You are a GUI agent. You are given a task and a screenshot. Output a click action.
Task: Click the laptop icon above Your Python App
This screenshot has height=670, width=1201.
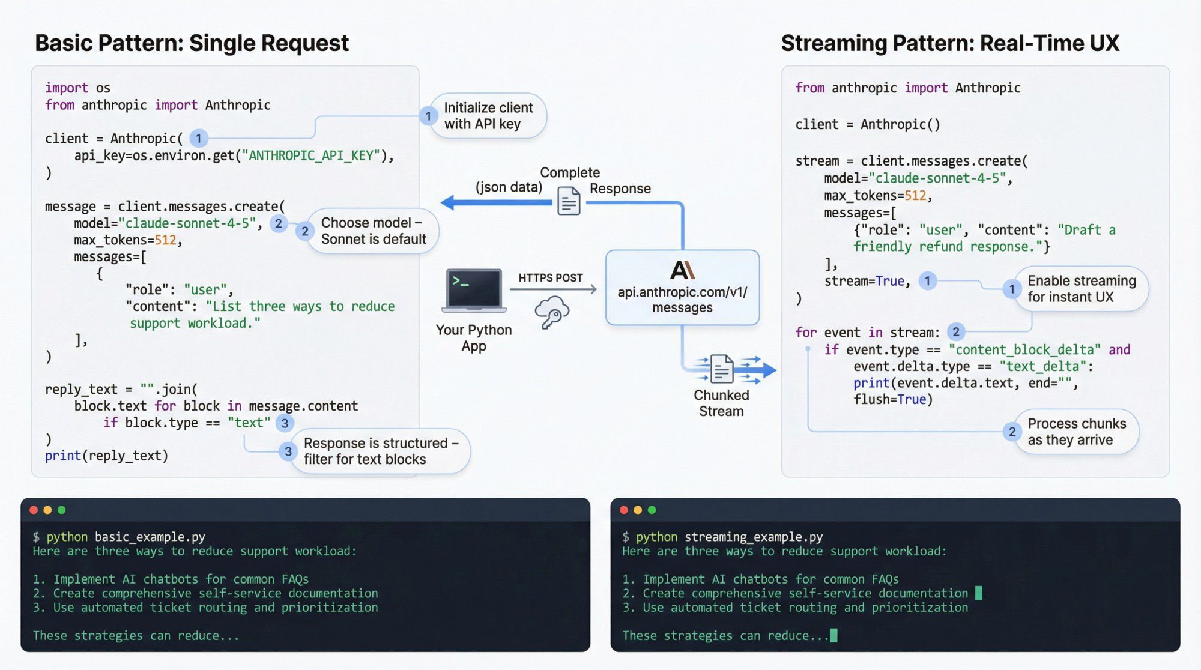tap(474, 290)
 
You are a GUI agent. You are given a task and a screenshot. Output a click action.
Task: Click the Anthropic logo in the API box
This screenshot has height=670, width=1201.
tap(682, 270)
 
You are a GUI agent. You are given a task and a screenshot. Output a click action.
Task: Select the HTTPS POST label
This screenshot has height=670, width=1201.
tap(551, 278)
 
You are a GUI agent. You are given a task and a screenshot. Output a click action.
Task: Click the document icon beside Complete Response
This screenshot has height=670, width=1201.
tap(569, 201)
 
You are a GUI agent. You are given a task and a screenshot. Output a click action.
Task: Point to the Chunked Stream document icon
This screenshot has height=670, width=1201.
tap(721, 369)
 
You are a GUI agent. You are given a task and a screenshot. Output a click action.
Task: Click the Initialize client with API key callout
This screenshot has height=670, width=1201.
tap(488, 116)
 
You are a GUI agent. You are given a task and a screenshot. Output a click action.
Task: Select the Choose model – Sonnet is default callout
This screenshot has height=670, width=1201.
tap(372, 231)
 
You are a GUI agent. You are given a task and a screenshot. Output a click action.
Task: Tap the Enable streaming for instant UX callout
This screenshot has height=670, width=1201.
tap(1080, 289)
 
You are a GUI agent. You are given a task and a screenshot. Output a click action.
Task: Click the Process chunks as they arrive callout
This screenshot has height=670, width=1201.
tap(1075, 432)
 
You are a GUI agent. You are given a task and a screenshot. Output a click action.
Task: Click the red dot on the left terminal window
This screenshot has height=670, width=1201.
tap(34, 510)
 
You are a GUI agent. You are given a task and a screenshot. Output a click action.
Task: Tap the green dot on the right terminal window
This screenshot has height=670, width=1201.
tap(652, 510)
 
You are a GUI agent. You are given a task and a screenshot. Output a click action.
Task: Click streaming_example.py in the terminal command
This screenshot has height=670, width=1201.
tap(753, 537)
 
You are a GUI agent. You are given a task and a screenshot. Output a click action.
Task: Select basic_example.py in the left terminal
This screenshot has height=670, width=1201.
tap(150, 537)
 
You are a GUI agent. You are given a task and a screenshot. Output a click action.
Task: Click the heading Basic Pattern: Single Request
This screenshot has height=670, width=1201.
tap(192, 43)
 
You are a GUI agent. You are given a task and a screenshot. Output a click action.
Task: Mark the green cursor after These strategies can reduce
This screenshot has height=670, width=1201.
tap(833, 635)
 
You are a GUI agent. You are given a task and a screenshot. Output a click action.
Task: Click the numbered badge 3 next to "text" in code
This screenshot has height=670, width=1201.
tap(285, 423)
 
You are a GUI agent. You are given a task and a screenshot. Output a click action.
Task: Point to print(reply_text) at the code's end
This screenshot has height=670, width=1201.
tap(106, 456)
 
